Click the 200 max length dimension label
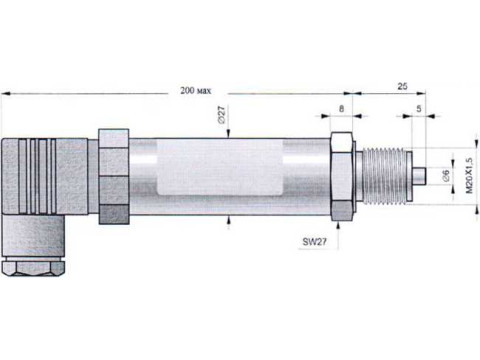coord(196,91)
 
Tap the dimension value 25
coord(402,86)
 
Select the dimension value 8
coord(341,109)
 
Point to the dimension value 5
coord(419,109)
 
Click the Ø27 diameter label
coord(222,115)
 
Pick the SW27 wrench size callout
coord(315,242)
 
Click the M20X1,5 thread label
coord(469,176)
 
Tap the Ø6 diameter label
coord(446,175)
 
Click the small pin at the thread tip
coord(419,176)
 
